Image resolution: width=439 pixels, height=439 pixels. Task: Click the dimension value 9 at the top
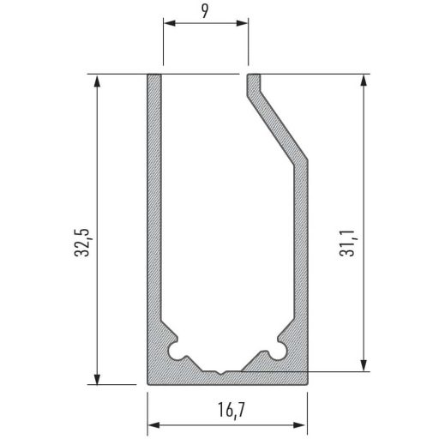tap(205, 12)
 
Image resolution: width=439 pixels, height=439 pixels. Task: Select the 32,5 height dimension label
tap(82, 243)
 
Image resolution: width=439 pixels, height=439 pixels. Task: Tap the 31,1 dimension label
tap(346, 243)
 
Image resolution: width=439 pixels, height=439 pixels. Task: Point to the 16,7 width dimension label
tap(232, 411)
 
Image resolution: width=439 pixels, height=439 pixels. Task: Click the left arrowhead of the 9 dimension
tap(169, 23)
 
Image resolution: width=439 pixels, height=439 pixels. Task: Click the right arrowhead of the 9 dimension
tap(242, 23)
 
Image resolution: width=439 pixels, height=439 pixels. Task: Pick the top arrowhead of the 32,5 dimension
tap(97, 81)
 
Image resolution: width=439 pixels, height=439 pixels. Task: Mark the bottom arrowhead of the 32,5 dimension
tap(97, 379)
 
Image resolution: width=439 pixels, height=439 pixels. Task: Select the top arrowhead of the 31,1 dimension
tap(364, 81)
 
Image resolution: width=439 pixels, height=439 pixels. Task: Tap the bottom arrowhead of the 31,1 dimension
tap(364, 366)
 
